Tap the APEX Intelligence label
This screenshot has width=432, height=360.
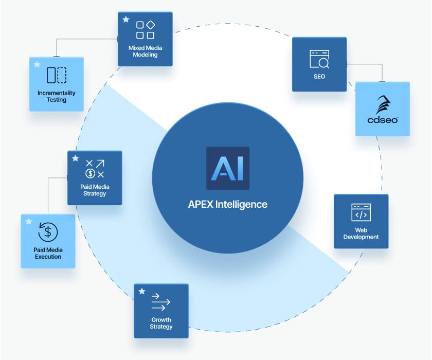[227, 204]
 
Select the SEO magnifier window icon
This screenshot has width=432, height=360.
[319, 59]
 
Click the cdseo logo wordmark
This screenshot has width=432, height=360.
[383, 119]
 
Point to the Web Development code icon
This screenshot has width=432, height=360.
[361, 212]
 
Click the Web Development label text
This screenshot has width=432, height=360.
[361, 233]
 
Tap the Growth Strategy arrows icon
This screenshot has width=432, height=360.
[161, 303]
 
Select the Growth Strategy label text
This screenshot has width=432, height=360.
[161, 323]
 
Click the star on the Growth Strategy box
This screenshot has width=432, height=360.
[141, 291]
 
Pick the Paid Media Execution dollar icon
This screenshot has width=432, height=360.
[48, 232]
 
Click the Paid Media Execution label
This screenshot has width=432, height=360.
[48, 253]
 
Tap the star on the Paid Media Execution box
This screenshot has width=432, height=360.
[28, 222]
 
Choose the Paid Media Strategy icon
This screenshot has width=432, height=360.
[95, 169]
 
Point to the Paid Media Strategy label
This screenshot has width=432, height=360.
[95, 190]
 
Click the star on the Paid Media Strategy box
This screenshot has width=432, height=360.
[75, 158]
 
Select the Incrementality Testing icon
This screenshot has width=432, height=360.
[57, 75]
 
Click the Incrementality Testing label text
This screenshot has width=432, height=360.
[57, 96]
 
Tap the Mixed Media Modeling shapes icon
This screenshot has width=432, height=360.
[145, 30]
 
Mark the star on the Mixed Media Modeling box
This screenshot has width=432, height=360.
[125, 20]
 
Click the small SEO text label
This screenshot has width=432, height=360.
[319, 77]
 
